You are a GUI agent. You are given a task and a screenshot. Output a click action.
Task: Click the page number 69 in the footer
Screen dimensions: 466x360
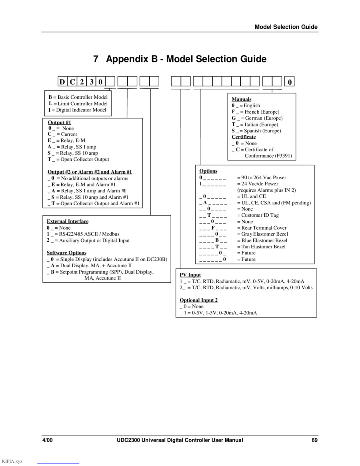(x=314, y=440)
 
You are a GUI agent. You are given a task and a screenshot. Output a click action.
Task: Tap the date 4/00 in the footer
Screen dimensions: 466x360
(x=48, y=440)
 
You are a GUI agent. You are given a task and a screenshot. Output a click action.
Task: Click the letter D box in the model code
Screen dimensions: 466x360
(x=62, y=82)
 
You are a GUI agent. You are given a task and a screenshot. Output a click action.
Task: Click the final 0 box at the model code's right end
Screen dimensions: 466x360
(x=290, y=82)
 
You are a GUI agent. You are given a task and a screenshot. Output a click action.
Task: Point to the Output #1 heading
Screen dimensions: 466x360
(x=60, y=122)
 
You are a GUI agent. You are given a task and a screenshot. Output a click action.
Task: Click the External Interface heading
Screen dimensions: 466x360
(x=68, y=222)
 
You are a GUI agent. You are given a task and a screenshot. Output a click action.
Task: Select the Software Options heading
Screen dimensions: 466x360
(x=66, y=253)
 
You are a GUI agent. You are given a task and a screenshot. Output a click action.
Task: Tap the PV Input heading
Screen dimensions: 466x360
(x=190, y=275)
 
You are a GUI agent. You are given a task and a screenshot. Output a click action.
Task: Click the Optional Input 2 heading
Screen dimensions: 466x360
(x=198, y=300)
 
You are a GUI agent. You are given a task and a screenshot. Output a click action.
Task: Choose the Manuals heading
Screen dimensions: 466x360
(x=242, y=99)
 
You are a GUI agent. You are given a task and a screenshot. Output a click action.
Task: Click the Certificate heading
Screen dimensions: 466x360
(x=244, y=137)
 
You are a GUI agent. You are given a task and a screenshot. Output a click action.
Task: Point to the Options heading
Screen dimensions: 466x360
(x=208, y=171)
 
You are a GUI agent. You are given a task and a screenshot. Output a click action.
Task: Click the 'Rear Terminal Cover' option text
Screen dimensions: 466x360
(x=264, y=228)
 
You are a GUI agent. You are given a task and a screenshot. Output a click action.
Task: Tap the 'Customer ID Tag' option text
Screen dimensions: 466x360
(x=260, y=215)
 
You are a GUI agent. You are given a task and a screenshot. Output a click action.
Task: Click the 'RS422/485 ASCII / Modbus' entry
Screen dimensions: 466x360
(x=89, y=234)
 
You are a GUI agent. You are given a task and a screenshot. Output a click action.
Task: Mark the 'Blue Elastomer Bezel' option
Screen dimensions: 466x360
(x=264, y=240)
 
